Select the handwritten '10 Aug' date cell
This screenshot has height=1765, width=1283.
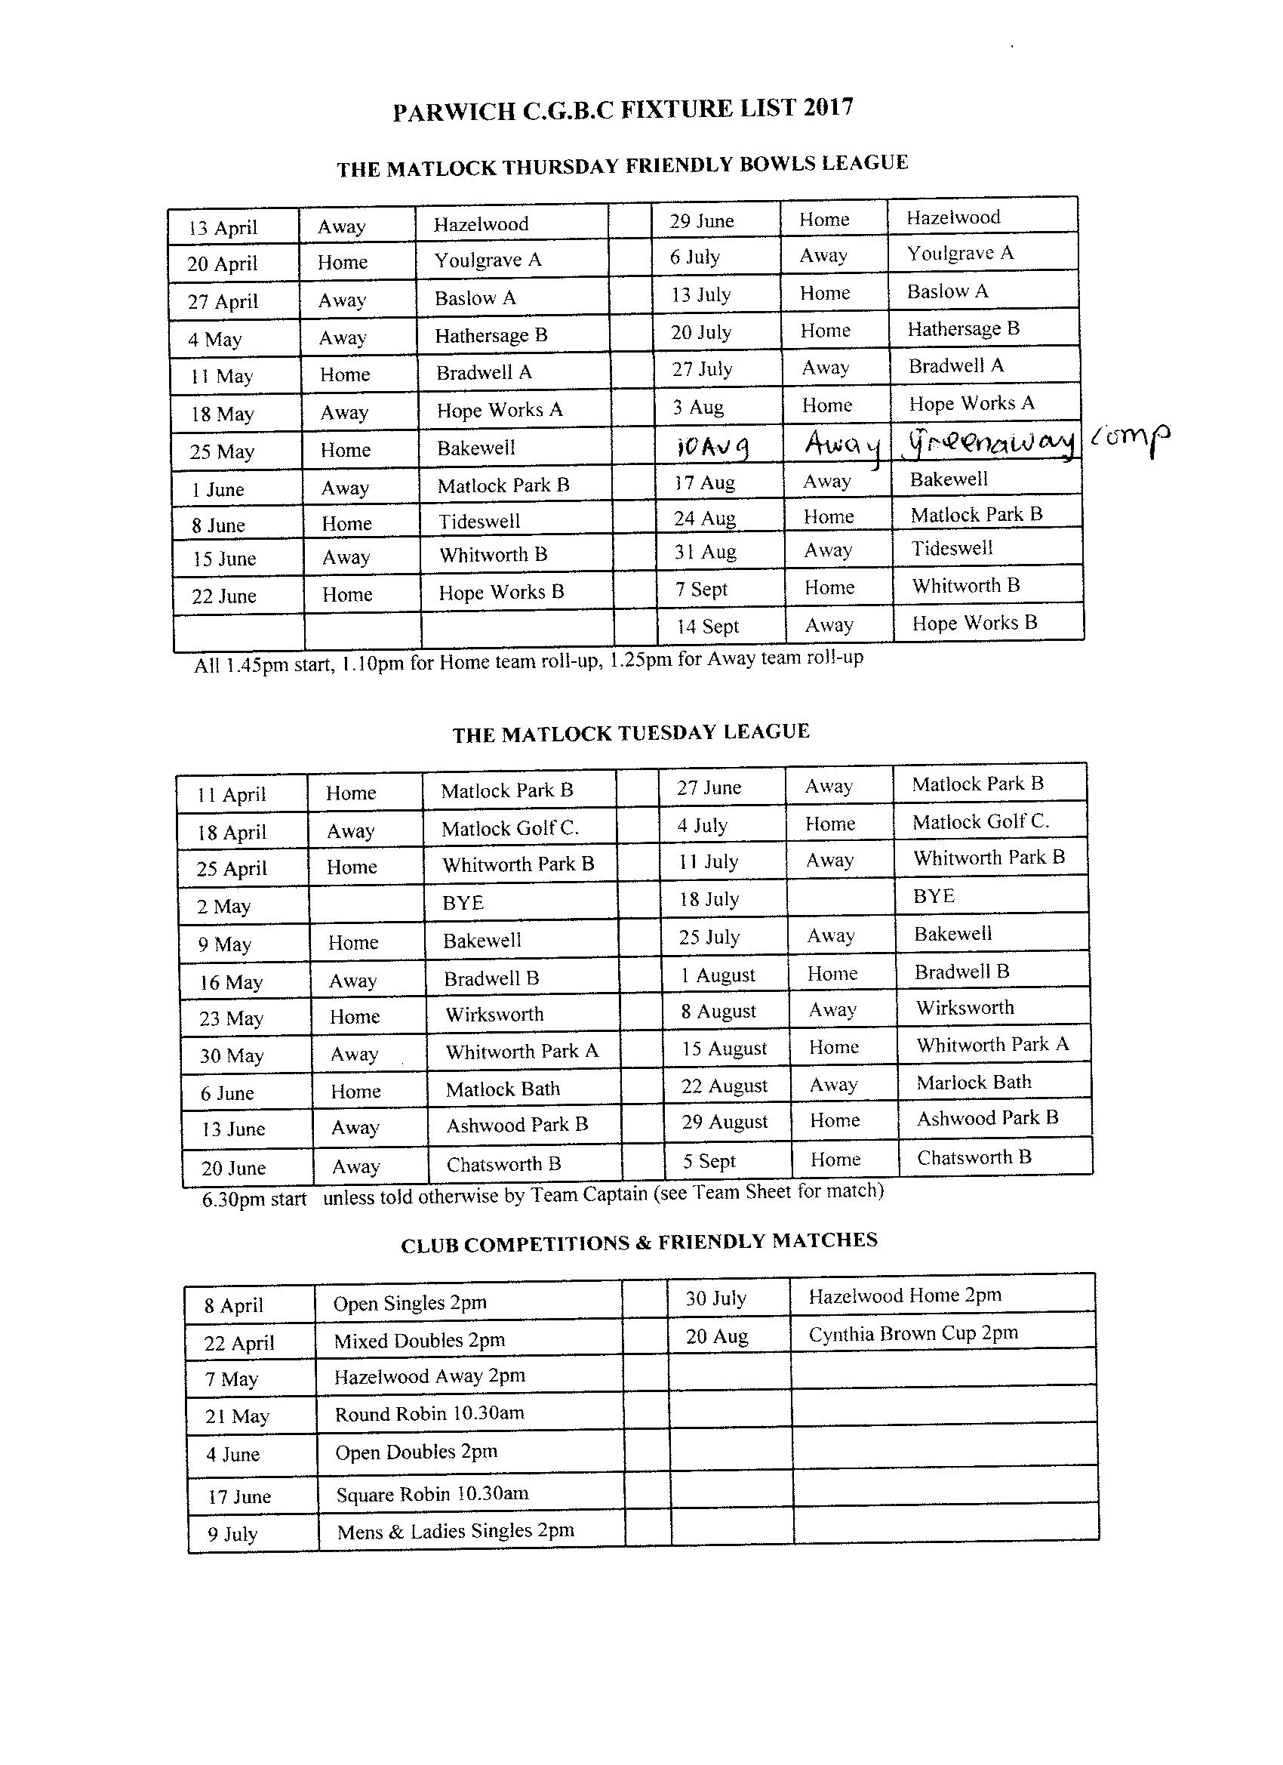point(712,446)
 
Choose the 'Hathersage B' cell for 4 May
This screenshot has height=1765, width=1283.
point(491,335)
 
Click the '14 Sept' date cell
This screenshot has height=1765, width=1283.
point(707,627)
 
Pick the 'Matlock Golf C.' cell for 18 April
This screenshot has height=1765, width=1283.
point(509,829)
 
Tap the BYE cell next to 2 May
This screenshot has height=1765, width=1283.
point(463,903)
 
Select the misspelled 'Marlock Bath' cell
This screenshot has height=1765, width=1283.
point(974,1083)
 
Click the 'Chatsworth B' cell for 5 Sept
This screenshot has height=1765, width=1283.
point(974,1157)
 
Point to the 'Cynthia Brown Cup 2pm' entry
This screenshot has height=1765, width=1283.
point(912,1334)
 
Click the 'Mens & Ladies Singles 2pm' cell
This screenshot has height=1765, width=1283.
point(455,1532)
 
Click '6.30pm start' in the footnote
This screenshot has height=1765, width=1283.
point(254,1200)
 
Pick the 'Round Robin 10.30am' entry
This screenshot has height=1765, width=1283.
point(429,1413)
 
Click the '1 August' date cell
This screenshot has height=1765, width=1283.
point(718,975)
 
